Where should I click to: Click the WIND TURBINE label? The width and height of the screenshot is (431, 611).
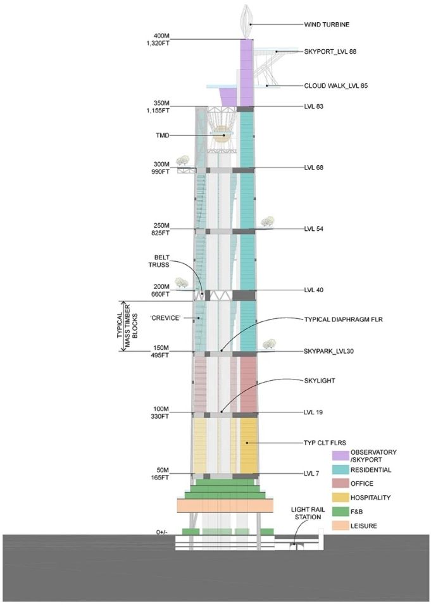(327, 25)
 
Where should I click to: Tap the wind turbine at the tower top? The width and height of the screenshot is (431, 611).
(246, 22)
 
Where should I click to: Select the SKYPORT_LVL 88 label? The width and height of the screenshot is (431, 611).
(330, 51)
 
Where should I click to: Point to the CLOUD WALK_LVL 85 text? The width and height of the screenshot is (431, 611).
(336, 86)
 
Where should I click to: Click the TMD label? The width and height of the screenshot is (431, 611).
(162, 135)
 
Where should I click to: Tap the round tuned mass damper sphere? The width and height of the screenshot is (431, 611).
(221, 135)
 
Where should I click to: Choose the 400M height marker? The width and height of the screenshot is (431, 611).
(160, 36)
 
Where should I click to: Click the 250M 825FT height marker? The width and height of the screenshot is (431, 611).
(160, 229)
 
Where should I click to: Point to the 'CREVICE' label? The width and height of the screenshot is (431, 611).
(165, 318)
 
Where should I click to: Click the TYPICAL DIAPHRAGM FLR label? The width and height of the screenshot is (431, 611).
(343, 319)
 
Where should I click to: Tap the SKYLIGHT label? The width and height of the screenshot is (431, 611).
(320, 381)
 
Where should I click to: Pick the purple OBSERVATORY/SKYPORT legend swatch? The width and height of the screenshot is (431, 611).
(340, 455)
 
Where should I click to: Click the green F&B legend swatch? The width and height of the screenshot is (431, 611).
(340, 511)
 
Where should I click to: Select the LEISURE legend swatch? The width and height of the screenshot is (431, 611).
(340, 526)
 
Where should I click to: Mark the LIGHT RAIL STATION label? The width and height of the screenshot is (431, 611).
(308, 513)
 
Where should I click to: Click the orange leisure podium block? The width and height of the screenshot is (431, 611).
(224, 505)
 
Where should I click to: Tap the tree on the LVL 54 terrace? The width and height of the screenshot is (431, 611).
(267, 221)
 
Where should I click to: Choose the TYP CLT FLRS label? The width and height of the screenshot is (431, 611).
(325, 443)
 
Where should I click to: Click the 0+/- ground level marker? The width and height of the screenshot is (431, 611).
(161, 532)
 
